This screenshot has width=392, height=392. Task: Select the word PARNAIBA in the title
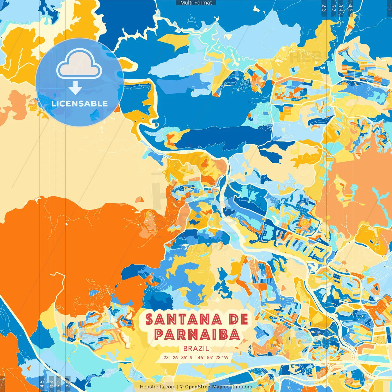pos(197,334)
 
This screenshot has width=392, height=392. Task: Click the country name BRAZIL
pos(196,349)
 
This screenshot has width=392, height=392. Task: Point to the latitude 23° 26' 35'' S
pos(178,357)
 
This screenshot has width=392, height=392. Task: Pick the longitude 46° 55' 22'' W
pos(213,357)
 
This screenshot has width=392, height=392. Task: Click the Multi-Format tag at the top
pos(196,3)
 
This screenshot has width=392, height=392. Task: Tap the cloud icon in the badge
pos(79,64)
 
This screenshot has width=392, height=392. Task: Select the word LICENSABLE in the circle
pos(80,104)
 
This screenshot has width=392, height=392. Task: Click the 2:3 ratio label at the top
pos(324,8)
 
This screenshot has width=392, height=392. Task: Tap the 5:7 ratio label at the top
pos(334,8)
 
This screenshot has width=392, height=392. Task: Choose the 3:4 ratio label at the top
pos(341,8)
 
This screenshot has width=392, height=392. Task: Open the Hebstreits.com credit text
pos(157,387)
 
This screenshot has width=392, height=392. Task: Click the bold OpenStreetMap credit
pos(204,387)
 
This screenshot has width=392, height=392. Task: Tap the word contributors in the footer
pos(238,387)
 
